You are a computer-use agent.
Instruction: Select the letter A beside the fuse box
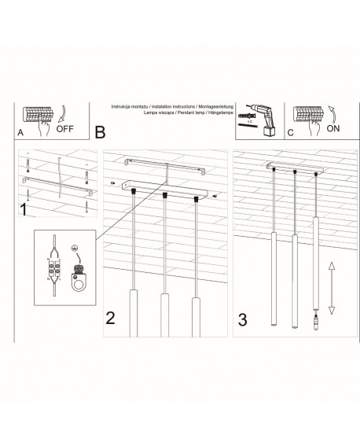[20, 134]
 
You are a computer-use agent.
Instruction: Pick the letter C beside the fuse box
[289, 134]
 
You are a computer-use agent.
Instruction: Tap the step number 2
[112, 319]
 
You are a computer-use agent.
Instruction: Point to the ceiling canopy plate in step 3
[295, 168]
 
